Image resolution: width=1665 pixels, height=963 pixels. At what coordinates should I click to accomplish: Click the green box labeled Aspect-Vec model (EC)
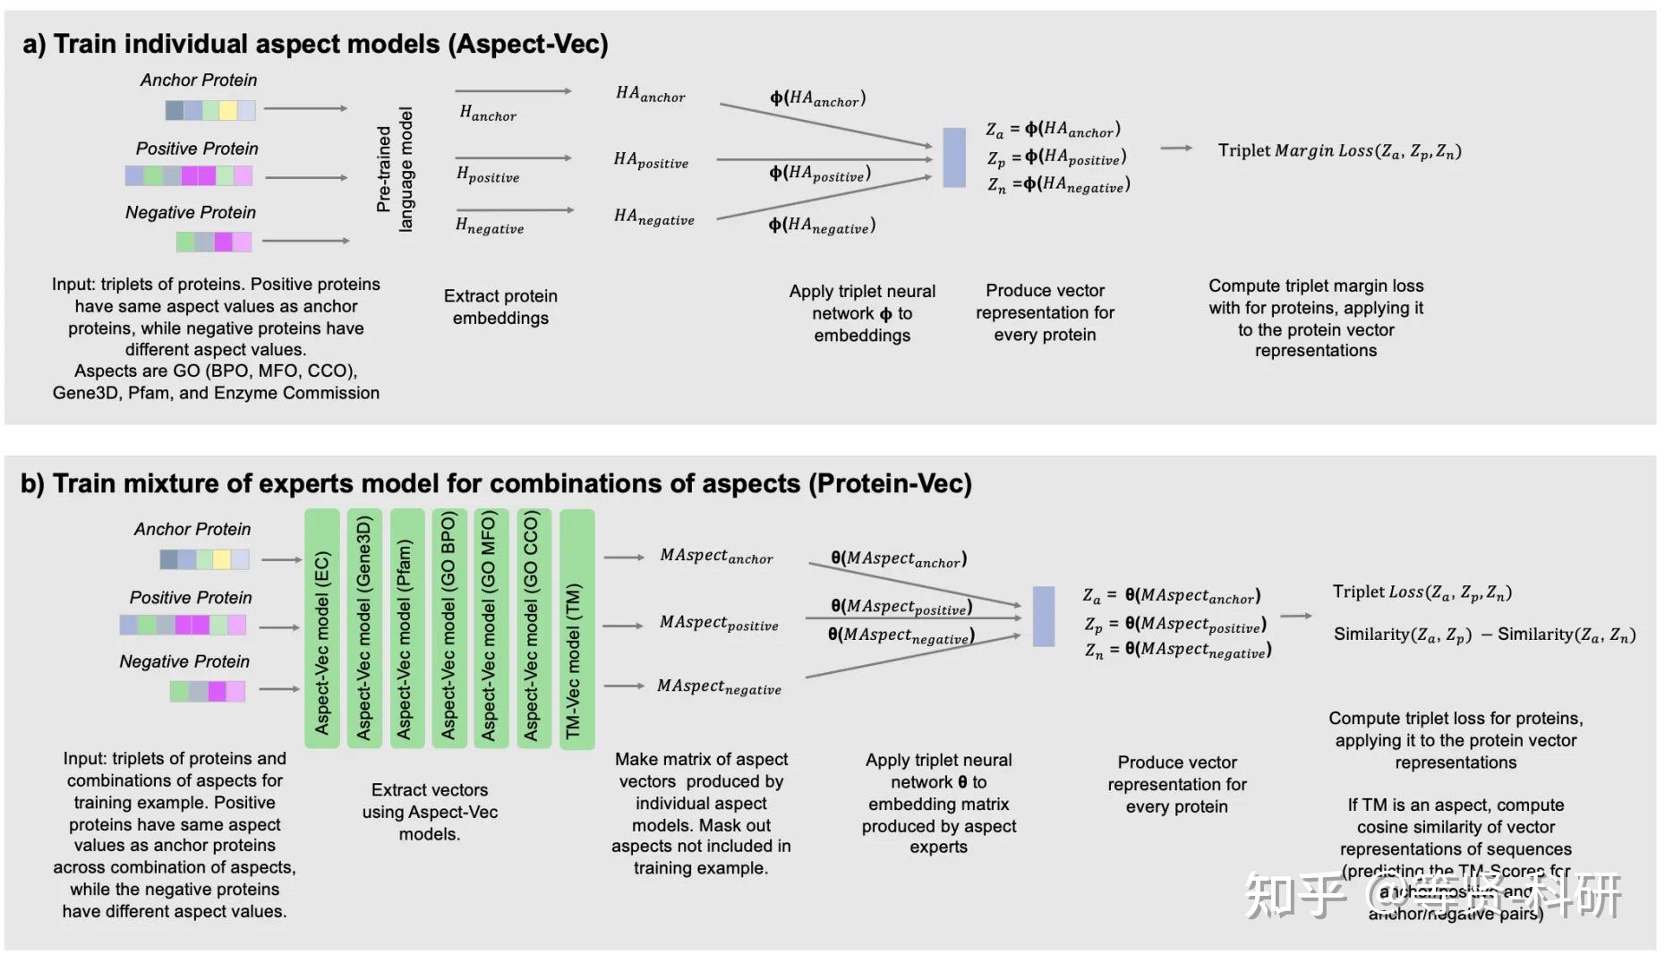click(322, 628)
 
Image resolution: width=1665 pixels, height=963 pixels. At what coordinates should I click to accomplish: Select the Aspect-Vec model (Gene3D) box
click(364, 628)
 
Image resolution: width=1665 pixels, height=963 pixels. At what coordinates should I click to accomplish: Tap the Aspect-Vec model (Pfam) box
click(405, 628)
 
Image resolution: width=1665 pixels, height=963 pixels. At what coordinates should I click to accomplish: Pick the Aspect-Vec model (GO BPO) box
click(448, 628)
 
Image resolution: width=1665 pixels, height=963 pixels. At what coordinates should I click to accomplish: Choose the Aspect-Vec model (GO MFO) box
click(490, 628)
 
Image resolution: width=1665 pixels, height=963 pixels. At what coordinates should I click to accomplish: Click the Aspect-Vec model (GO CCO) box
click(533, 628)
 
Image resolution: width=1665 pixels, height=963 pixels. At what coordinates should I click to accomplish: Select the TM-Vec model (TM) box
click(576, 628)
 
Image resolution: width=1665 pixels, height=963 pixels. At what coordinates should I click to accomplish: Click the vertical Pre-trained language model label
click(395, 170)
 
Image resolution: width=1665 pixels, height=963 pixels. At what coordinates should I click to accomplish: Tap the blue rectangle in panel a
click(954, 158)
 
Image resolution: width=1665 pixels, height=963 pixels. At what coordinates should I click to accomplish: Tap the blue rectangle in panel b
click(1043, 617)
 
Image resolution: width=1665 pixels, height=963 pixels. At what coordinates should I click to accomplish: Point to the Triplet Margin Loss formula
click(1339, 150)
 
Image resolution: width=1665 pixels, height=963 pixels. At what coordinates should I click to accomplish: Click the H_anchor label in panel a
click(488, 113)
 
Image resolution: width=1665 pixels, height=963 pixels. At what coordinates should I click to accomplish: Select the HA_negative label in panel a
click(654, 217)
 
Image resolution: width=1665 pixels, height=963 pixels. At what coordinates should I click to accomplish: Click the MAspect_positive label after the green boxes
click(719, 623)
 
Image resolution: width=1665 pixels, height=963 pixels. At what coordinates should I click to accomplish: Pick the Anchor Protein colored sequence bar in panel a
click(210, 110)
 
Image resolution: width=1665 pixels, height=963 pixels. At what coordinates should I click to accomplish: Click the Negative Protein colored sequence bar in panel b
click(208, 691)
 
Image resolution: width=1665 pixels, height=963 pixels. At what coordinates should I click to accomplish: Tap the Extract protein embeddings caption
click(500, 307)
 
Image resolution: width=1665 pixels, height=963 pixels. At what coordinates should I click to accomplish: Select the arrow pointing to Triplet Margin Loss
click(1176, 149)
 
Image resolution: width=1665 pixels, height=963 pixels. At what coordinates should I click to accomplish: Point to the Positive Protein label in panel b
click(191, 598)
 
